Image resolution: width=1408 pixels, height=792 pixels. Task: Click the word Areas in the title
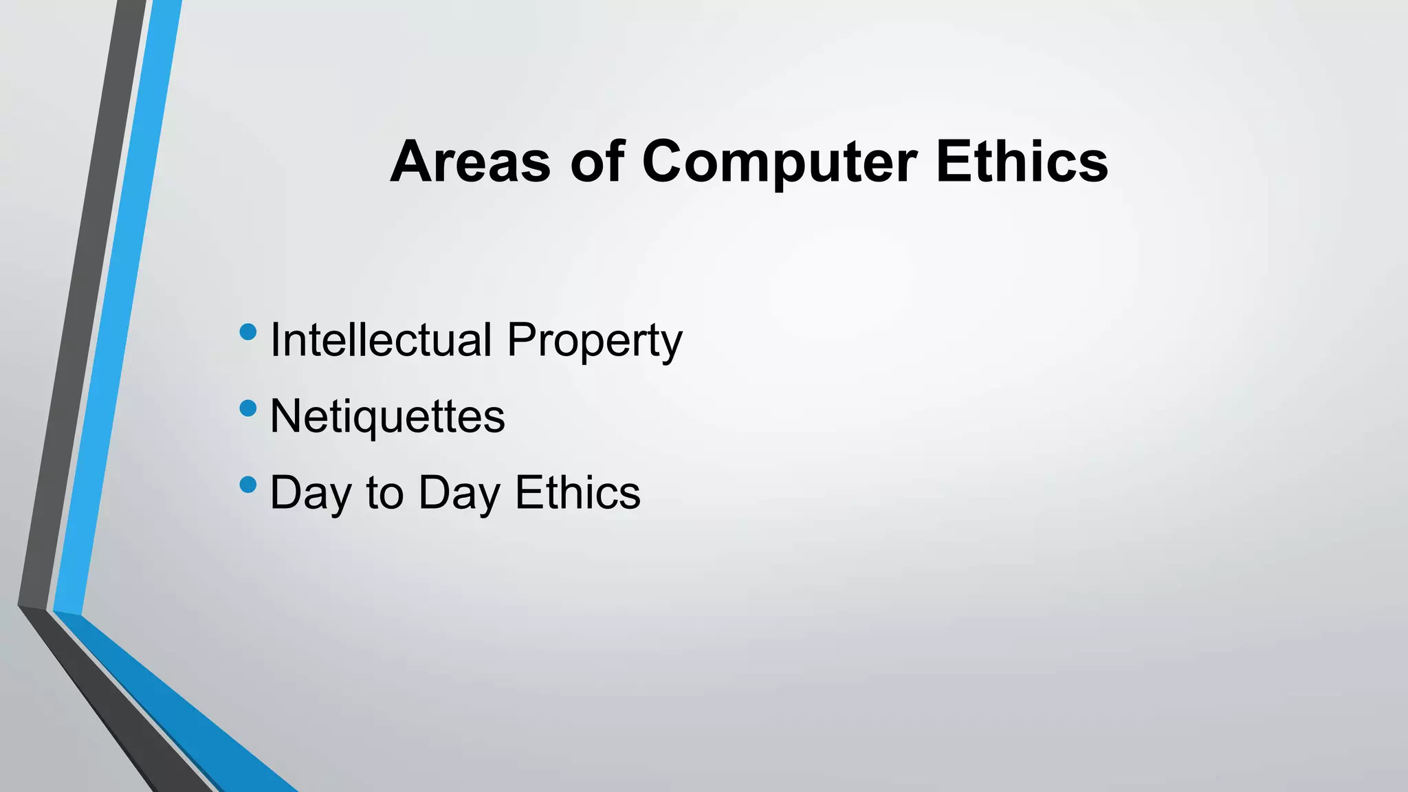click(x=470, y=162)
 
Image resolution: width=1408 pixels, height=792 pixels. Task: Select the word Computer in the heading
click(x=779, y=164)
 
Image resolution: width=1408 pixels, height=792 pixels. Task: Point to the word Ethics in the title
click(x=1022, y=162)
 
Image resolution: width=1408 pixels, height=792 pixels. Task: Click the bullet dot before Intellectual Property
click(x=248, y=333)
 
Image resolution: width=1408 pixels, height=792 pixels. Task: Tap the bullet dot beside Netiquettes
click(x=248, y=409)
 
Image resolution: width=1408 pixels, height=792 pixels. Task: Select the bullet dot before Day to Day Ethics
click(x=248, y=485)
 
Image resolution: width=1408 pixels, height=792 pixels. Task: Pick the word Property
click(x=594, y=341)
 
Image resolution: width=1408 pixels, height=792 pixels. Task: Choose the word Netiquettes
click(x=387, y=417)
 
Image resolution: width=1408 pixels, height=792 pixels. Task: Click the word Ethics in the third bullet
click(x=577, y=492)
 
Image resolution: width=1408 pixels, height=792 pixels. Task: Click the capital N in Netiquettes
click(x=285, y=416)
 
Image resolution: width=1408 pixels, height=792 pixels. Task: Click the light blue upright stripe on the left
click(x=117, y=309)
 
